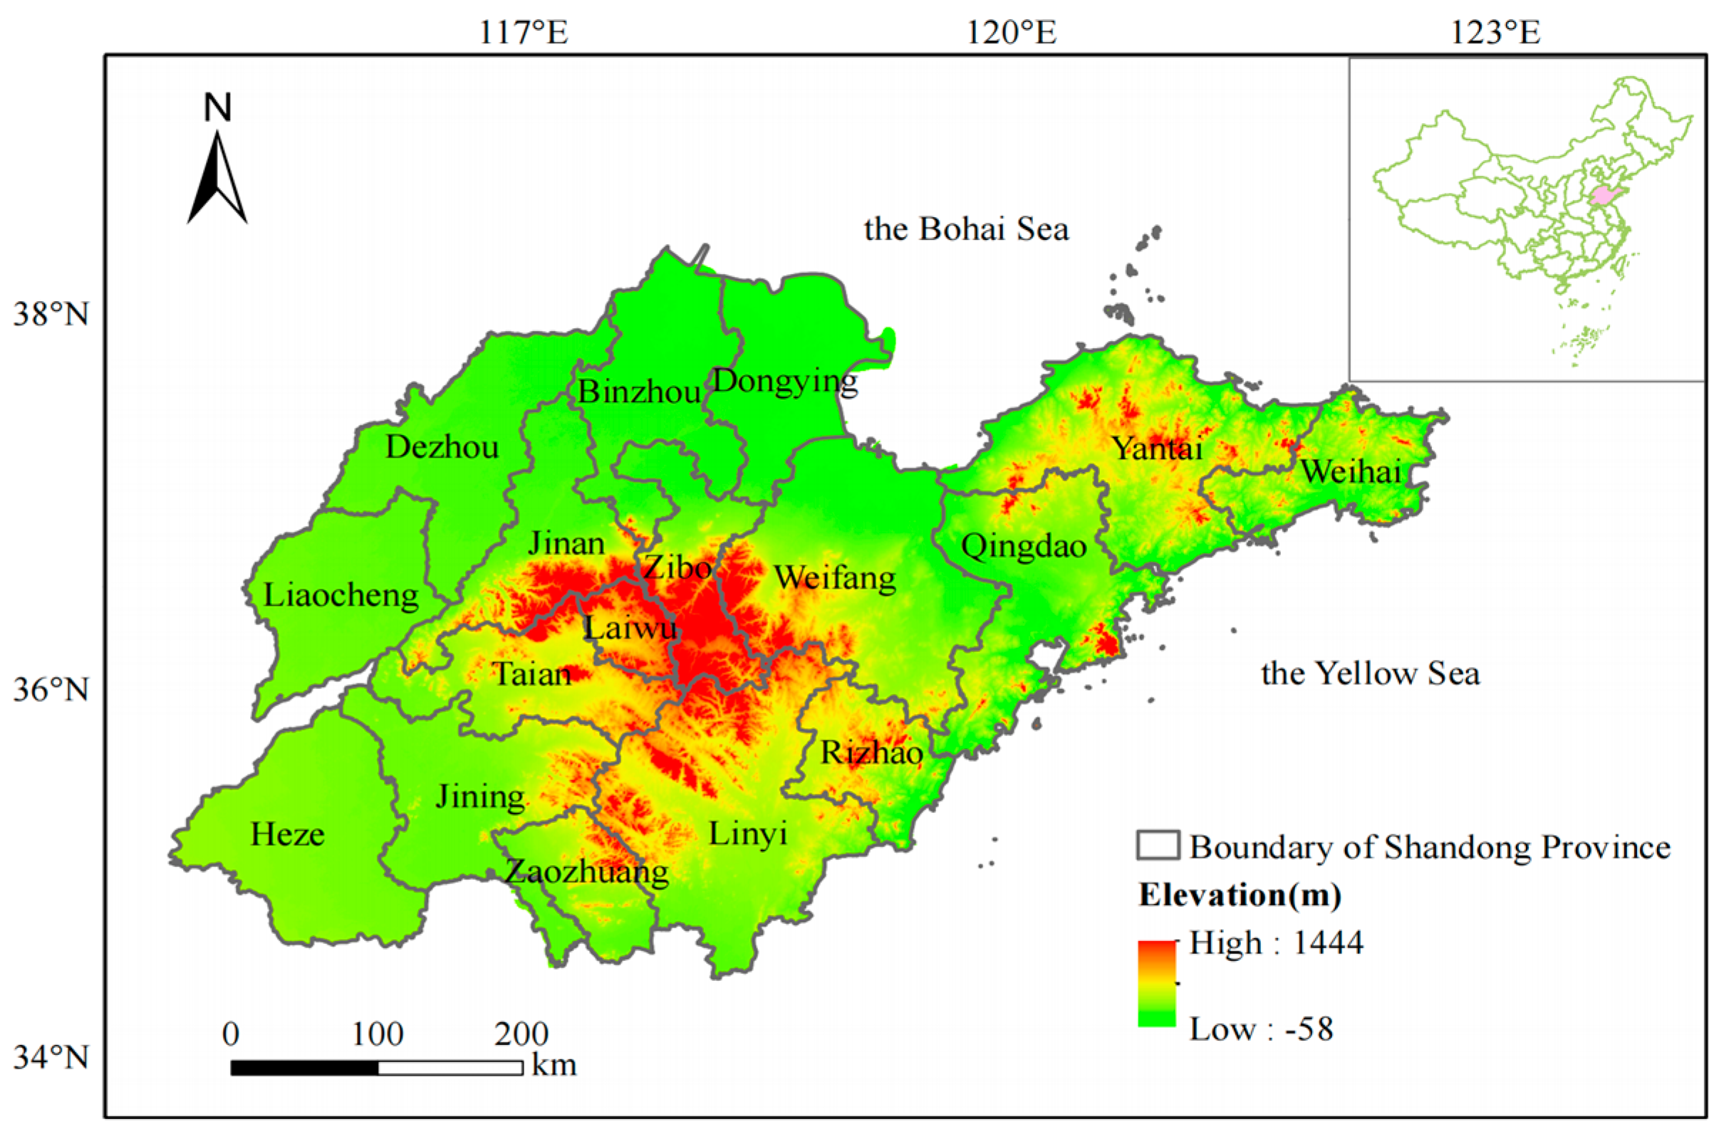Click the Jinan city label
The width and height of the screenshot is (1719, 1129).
click(566, 544)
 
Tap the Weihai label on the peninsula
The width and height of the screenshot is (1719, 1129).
click(1351, 472)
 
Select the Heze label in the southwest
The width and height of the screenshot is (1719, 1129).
click(288, 834)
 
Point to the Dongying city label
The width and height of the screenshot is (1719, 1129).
click(785, 380)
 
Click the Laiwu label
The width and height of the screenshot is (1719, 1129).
click(630, 627)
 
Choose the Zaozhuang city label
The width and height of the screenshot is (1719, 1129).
click(586, 872)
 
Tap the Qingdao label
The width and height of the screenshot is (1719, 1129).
click(1024, 547)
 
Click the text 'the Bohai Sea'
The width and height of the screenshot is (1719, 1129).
click(966, 229)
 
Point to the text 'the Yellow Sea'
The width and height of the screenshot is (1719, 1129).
click(1370, 673)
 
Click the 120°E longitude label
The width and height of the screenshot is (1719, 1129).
click(1011, 33)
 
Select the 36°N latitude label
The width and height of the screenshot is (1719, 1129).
click(51, 690)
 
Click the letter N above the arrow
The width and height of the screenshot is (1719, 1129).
click(217, 107)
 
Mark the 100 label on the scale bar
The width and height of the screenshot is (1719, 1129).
click(377, 1034)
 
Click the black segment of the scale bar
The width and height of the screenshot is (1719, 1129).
click(304, 1068)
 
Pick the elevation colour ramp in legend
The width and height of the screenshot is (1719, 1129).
click(1156, 983)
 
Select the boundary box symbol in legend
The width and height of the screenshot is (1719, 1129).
click(1158, 845)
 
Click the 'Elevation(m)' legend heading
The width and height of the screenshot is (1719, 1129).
click(1240, 895)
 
